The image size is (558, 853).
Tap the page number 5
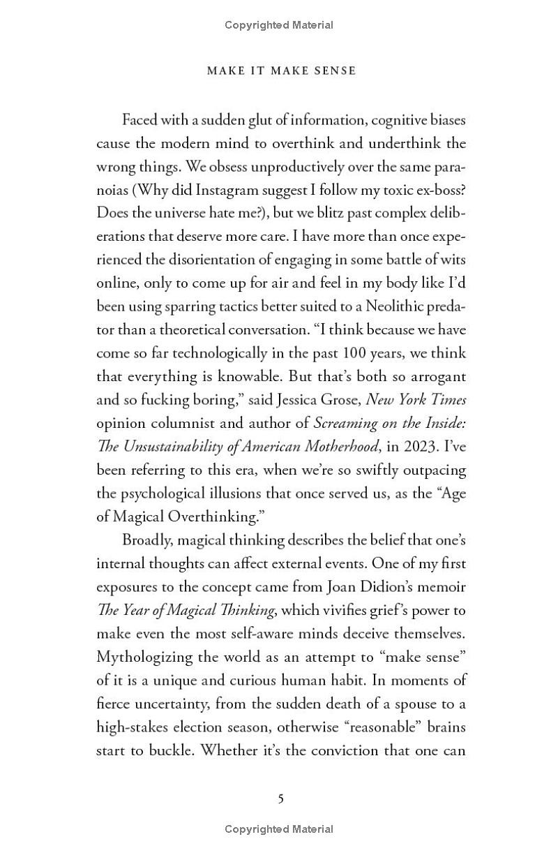tap(280, 799)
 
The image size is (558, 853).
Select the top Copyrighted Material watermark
tap(279, 25)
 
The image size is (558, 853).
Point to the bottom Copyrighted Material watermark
tap(279, 829)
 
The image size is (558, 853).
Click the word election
tap(202, 727)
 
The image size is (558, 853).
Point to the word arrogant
tap(434, 377)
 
